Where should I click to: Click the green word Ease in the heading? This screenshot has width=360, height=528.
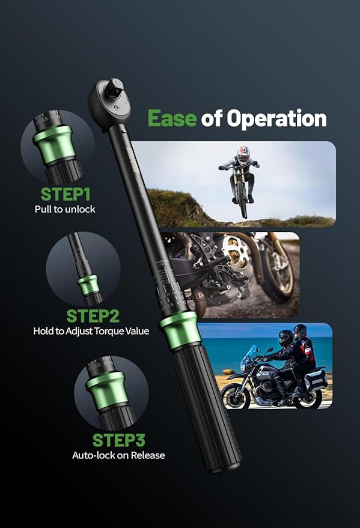point(172,118)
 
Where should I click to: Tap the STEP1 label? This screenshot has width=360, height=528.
point(66,194)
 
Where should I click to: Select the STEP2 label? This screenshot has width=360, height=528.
point(93,316)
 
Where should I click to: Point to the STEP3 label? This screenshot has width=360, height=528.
point(118,440)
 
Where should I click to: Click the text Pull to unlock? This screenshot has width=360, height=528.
point(65,209)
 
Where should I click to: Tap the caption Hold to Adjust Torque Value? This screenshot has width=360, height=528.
point(91,331)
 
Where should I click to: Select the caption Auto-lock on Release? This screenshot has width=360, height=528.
point(118,455)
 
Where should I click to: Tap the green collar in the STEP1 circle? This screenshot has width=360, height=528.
point(55,144)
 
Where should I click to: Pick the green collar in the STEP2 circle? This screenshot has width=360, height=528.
point(88,285)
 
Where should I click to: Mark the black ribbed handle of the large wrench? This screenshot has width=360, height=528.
point(206,407)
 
